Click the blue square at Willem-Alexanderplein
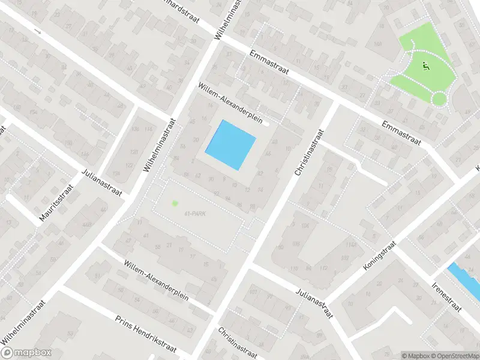(230, 145)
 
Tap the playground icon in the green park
(426, 67)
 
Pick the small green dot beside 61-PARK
(175, 203)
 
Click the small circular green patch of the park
(439, 98)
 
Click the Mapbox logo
(26, 353)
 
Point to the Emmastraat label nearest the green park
(402, 133)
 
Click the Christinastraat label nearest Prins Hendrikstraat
(238, 343)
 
